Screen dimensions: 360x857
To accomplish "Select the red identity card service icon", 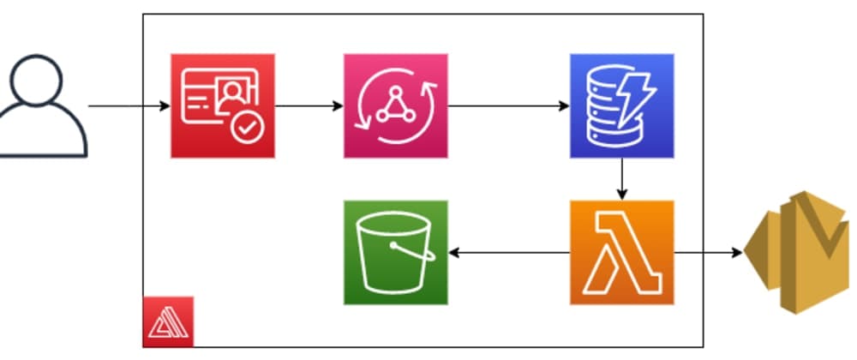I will click(x=223, y=105).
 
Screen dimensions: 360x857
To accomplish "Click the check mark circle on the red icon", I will click(x=249, y=129).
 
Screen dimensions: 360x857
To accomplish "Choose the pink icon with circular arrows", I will click(x=395, y=105).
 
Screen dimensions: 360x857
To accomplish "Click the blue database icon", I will click(x=621, y=105).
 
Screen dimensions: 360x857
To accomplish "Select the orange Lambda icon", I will click(x=621, y=252).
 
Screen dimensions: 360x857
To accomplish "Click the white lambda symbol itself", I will click(x=621, y=253).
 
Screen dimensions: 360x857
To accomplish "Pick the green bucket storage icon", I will click(x=395, y=252).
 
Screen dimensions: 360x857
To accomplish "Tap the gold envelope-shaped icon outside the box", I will click(x=797, y=252).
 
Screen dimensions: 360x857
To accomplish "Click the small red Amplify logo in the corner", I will click(x=167, y=322).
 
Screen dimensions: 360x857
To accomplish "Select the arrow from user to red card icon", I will click(x=129, y=106).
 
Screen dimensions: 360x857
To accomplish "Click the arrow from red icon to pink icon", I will click(x=309, y=106).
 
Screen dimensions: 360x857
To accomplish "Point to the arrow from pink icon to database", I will click(x=508, y=106).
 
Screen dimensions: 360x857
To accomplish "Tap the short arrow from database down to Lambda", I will click(x=621, y=179).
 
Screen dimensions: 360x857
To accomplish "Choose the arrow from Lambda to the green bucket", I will click(x=509, y=253).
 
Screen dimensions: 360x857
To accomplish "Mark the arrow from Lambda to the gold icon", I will click(x=708, y=253).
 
